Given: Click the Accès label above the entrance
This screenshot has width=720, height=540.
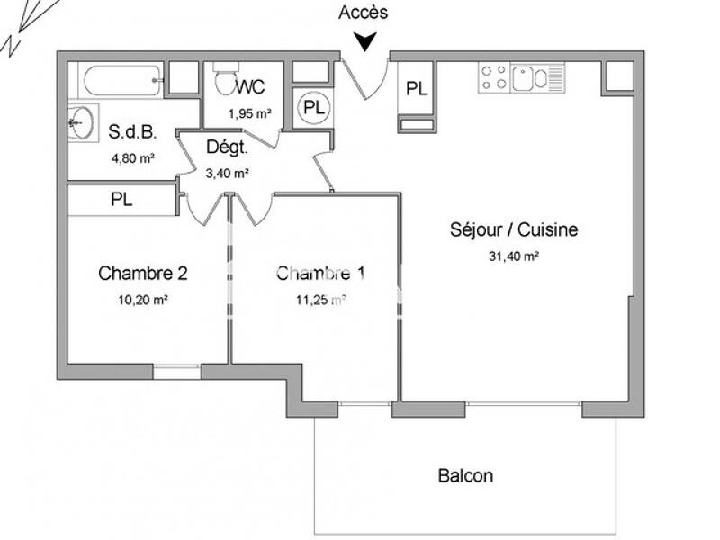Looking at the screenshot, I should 364,13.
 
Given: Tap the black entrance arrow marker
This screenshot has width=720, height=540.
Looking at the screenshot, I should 364,41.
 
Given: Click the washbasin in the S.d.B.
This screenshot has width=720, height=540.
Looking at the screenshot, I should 82,121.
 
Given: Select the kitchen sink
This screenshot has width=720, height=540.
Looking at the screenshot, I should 530,78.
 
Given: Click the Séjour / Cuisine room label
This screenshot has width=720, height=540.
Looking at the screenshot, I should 514,229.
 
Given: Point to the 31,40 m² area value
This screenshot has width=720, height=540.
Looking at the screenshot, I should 514,256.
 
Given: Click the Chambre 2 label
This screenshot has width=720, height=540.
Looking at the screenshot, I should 143,273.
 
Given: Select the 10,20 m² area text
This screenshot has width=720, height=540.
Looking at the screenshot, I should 144,301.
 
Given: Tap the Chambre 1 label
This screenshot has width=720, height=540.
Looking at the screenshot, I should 320,273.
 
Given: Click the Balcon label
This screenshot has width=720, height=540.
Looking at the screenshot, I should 465,475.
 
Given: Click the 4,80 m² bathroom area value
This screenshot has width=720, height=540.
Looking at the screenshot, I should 132,158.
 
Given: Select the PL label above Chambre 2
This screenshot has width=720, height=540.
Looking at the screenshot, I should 121,200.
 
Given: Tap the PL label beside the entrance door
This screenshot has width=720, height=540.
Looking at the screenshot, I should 416,88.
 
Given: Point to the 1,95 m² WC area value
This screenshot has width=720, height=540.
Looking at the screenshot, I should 249,113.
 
